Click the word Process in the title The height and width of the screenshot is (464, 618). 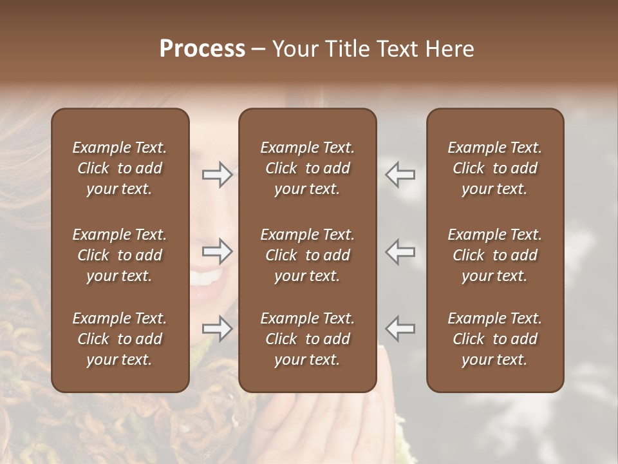[202, 49]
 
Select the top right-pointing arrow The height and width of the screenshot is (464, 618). [218, 174]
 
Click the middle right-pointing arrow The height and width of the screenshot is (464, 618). [218, 251]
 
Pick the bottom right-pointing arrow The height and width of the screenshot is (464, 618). [218, 329]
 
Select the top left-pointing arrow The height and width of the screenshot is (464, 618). [400, 174]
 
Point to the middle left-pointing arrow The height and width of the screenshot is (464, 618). [400, 251]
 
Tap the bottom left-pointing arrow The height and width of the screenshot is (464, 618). [400, 329]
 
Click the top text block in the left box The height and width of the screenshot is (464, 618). [120, 168]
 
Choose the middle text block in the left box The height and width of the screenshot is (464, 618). [120, 255]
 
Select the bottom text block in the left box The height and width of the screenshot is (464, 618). [120, 339]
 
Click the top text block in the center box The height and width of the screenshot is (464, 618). [307, 168]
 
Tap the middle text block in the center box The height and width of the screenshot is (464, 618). [307, 255]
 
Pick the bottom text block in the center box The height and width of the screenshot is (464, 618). [307, 339]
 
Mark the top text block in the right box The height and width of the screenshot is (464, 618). [494, 168]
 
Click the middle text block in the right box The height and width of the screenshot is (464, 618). [494, 255]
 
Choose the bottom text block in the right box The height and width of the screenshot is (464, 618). [494, 339]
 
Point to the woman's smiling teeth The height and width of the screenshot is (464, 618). [207, 278]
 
